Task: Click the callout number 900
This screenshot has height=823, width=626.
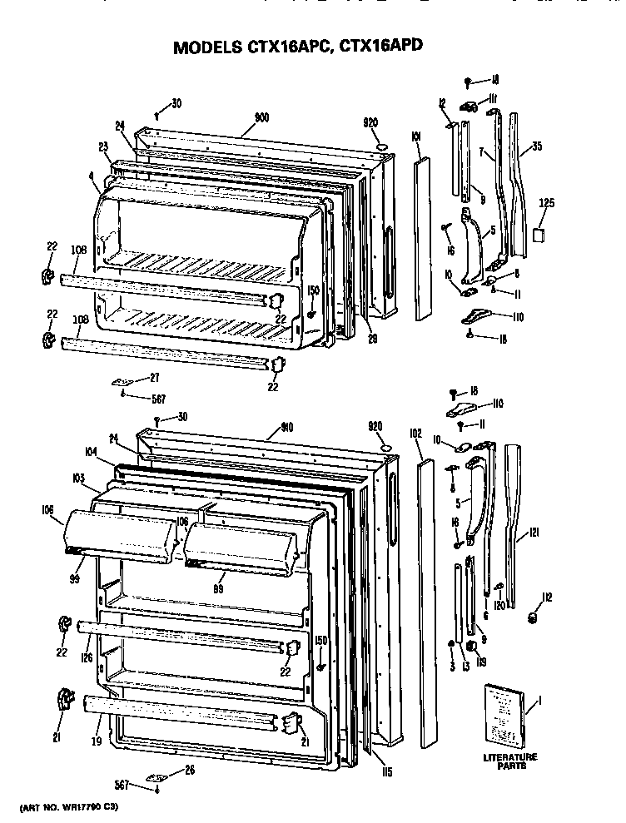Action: (x=262, y=118)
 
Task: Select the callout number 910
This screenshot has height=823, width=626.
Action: (x=286, y=427)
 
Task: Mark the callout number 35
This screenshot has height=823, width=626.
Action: (x=537, y=147)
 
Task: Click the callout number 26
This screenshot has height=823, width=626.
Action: (x=190, y=770)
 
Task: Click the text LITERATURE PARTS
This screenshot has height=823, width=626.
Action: (x=510, y=761)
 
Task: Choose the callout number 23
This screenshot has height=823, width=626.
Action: (x=104, y=146)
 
